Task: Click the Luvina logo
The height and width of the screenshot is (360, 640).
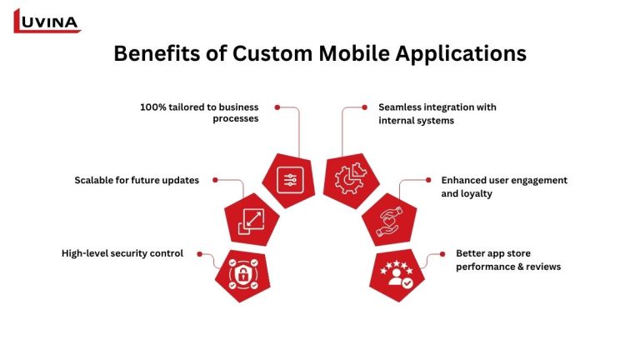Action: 47,21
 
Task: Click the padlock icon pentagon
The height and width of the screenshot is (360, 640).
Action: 242,274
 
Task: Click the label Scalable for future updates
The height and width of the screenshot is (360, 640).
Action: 137,180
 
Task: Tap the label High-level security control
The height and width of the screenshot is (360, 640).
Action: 122,252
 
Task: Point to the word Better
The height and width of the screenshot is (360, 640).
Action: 471,252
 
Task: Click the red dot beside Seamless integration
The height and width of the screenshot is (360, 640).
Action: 364,107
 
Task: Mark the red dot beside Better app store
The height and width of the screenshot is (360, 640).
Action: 441,254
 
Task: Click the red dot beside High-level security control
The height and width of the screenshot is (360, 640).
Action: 198,253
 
